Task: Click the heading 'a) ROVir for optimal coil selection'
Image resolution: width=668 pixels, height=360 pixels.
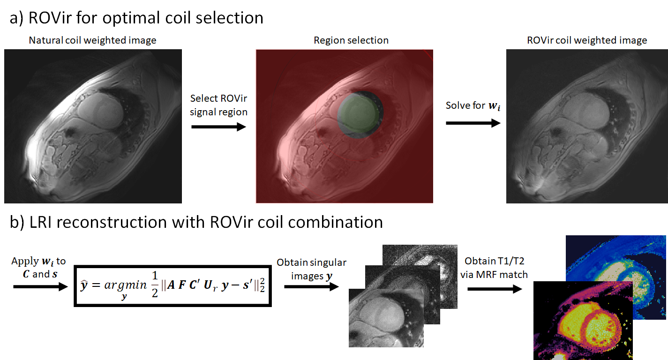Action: point(136,17)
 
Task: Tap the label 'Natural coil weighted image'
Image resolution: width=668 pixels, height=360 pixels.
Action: point(92,40)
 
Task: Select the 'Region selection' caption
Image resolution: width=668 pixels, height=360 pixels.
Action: point(351,40)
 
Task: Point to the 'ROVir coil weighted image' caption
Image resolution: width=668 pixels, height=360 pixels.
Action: point(587,40)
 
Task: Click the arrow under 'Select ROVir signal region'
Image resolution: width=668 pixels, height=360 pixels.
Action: point(218,127)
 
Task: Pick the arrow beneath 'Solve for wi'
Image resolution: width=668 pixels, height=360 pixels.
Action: point(473,123)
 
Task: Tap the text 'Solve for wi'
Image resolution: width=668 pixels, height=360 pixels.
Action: point(473,105)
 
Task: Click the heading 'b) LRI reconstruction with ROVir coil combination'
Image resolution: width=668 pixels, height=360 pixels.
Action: point(196,222)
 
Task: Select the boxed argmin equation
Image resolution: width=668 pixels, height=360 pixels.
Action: point(173,286)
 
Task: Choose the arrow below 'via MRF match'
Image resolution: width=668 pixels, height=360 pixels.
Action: point(495,288)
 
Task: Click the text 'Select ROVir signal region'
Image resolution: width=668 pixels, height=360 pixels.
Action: point(218,105)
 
